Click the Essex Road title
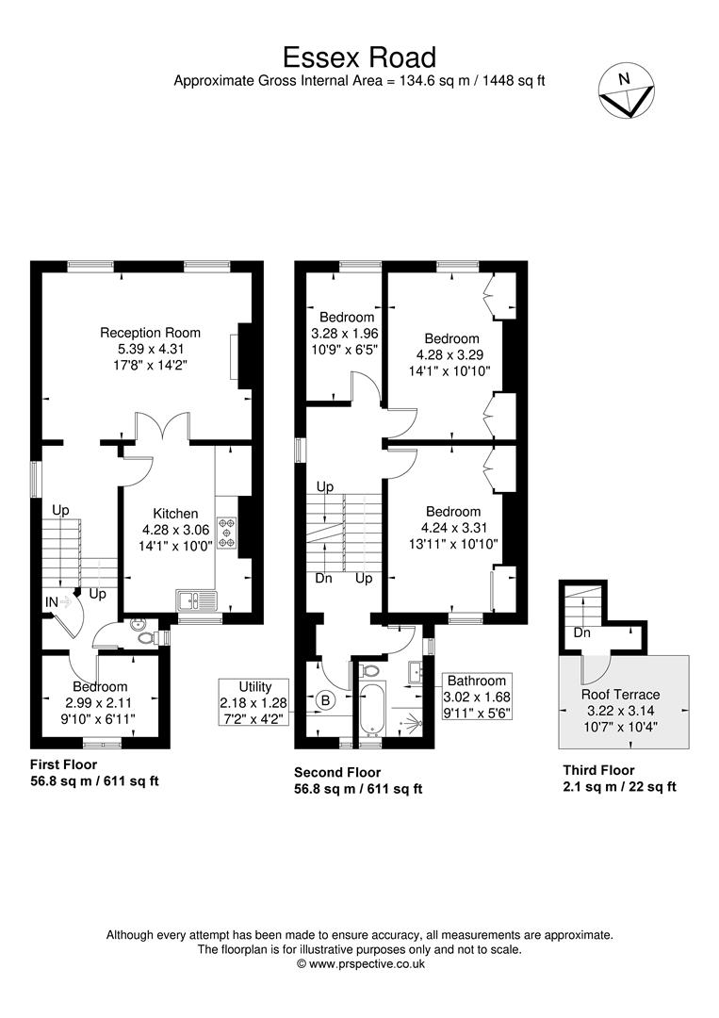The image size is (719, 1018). click(360, 57)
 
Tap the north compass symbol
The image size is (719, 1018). click(626, 92)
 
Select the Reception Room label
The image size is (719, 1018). click(150, 333)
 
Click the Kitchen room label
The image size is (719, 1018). click(175, 513)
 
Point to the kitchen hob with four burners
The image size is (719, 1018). click(226, 533)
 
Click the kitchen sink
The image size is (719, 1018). click(197, 601)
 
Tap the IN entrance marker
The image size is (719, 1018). click(51, 602)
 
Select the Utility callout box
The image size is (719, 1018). click(253, 702)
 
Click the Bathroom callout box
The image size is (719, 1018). click(477, 697)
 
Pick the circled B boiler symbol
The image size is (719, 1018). click(326, 700)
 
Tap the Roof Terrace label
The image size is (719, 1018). click(620, 694)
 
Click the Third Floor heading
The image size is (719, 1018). click(598, 770)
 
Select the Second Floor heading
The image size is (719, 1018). click(337, 772)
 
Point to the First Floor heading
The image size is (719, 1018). click(63, 764)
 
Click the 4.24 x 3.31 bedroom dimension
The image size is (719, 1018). click(453, 528)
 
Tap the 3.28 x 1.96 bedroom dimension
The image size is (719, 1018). click(345, 334)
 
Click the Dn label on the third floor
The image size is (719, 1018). click(582, 632)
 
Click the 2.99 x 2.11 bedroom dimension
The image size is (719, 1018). click(99, 702)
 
